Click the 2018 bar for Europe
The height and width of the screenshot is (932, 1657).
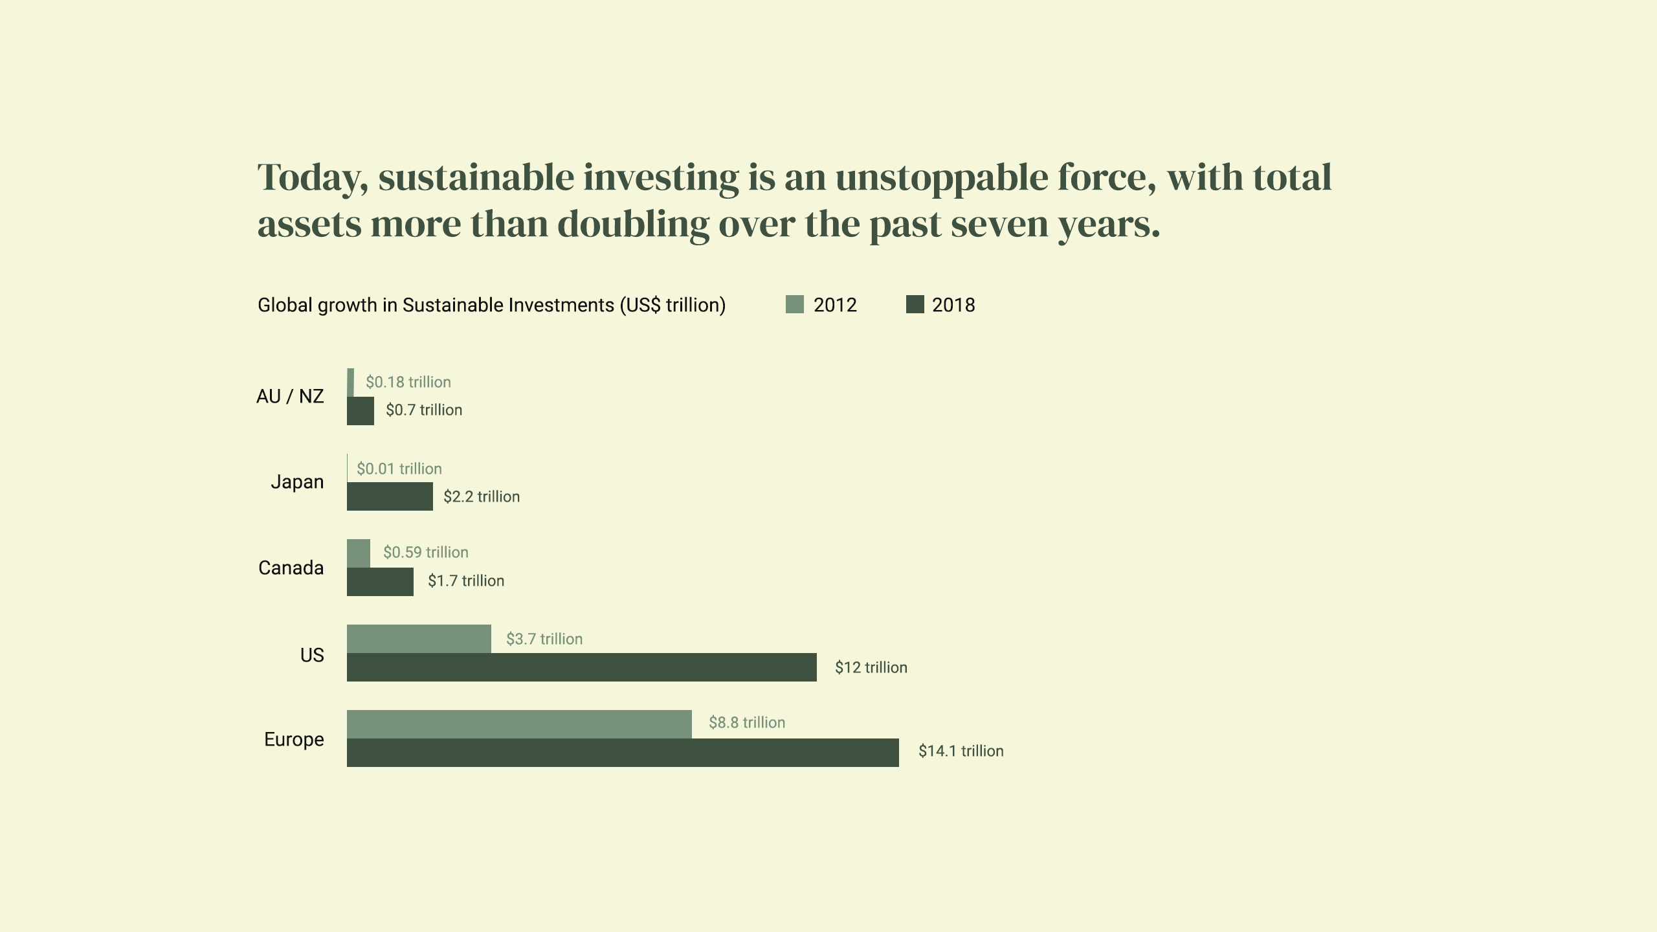pyautogui.click(x=623, y=753)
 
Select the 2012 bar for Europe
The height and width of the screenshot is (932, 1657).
pyautogui.click(x=519, y=724)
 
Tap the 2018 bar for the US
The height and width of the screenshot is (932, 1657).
pyautogui.click(x=581, y=667)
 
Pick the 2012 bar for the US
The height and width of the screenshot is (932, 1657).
pyautogui.click(x=419, y=639)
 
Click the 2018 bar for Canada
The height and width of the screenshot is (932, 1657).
pyautogui.click(x=380, y=582)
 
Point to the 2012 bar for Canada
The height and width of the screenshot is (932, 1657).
pyautogui.click(x=359, y=553)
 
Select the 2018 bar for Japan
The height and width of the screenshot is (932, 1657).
pyautogui.click(x=390, y=496)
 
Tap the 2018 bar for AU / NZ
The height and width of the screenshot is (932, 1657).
pyautogui.click(x=361, y=411)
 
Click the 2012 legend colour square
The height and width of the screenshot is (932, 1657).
pyautogui.click(x=794, y=304)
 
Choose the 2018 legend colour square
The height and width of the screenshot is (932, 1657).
pyautogui.click(x=915, y=304)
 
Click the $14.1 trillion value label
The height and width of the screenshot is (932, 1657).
pyautogui.click(x=961, y=751)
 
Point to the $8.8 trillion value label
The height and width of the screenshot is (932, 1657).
pyautogui.click(x=746, y=722)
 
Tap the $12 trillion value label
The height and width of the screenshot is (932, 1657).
pyautogui.click(x=871, y=667)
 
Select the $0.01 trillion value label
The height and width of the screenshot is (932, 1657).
pyautogui.click(x=399, y=469)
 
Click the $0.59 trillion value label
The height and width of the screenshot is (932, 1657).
pyautogui.click(x=425, y=552)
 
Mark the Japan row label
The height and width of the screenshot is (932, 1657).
pyautogui.click(x=297, y=482)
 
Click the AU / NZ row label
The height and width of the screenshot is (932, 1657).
pyautogui.click(x=290, y=396)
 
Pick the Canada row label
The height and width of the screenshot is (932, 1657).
pyautogui.click(x=291, y=568)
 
